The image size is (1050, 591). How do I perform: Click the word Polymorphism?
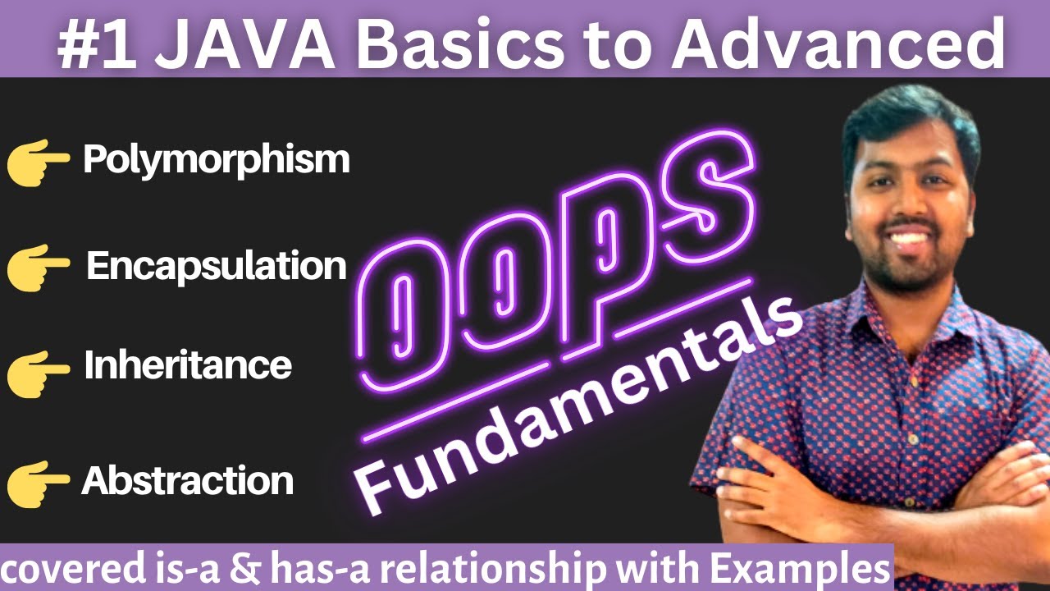pos(216,160)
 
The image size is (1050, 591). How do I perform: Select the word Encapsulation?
pos(217,267)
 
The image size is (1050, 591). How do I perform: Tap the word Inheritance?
pos(187,365)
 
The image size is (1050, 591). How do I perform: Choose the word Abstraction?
pos(187,480)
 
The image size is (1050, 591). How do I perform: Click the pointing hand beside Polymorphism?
pos(38,162)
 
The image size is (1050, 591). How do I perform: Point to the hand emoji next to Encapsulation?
pos(38,268)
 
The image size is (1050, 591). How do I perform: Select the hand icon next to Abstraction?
pos(38,482)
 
